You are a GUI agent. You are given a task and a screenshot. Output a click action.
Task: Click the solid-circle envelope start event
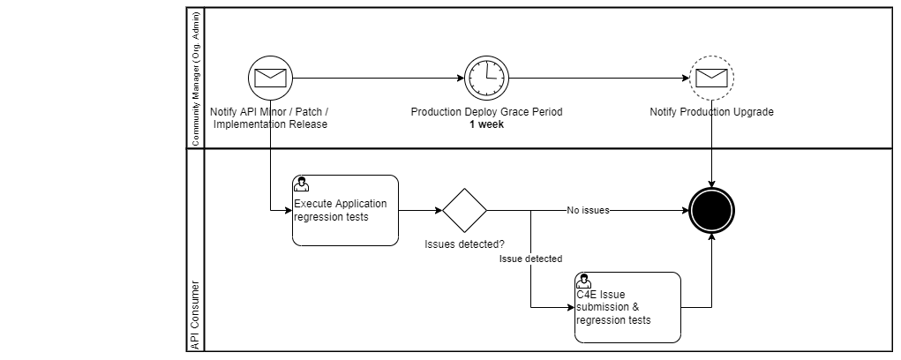[x=270, y=78]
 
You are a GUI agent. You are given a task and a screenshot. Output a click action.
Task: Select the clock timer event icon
[x=486, y=78]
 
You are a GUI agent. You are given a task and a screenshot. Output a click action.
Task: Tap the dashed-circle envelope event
[x=711, y=78]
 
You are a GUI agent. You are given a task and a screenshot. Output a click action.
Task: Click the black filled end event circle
[x=711, y=211]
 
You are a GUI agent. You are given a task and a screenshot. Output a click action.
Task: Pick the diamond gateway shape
[x=464, y=211]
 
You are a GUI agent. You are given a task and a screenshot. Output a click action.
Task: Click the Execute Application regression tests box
[x=345, y=211]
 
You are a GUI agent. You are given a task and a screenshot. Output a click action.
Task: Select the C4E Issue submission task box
[x=627, y=307]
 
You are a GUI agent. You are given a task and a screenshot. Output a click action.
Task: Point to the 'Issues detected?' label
[x=464, y=244]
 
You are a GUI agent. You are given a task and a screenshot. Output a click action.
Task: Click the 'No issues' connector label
[x=588, y=211]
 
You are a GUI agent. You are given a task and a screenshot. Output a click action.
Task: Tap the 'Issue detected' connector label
[x=530, y=259]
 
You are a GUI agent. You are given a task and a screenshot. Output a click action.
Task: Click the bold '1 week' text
[x=486, y=124]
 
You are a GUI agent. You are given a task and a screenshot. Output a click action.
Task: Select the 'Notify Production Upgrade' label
[x=711, y=112]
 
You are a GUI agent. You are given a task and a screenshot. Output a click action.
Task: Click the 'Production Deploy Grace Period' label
[x=486, y=112]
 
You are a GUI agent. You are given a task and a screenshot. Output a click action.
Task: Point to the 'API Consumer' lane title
[x=195, y=317]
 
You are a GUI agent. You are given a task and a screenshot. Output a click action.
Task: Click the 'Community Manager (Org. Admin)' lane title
[x=195, y=78]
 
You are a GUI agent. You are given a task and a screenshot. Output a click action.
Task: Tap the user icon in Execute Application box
[x=301, y=184]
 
